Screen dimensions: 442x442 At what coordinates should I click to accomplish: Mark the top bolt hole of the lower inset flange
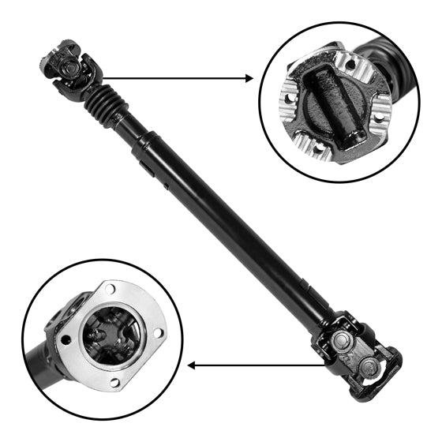(110, 289)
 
